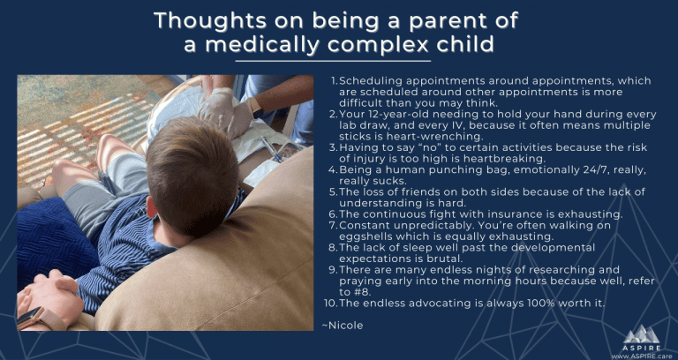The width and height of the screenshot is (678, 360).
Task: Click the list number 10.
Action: coord(330,304)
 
